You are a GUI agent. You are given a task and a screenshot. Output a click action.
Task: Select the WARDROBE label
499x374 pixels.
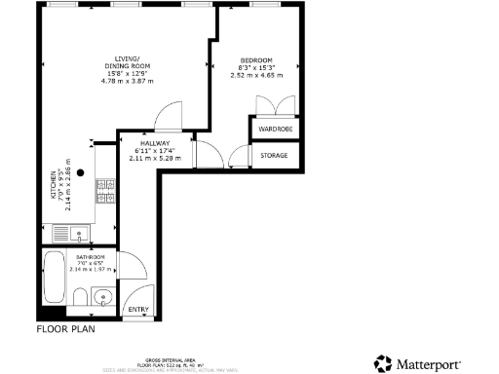coord(276,129)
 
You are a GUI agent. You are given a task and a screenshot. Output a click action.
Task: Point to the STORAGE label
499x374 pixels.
coord(276,154)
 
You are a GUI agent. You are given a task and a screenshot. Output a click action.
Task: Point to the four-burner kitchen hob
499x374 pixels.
coord(105,193)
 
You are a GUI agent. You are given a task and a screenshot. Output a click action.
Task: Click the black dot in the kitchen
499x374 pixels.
coord(81,172)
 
